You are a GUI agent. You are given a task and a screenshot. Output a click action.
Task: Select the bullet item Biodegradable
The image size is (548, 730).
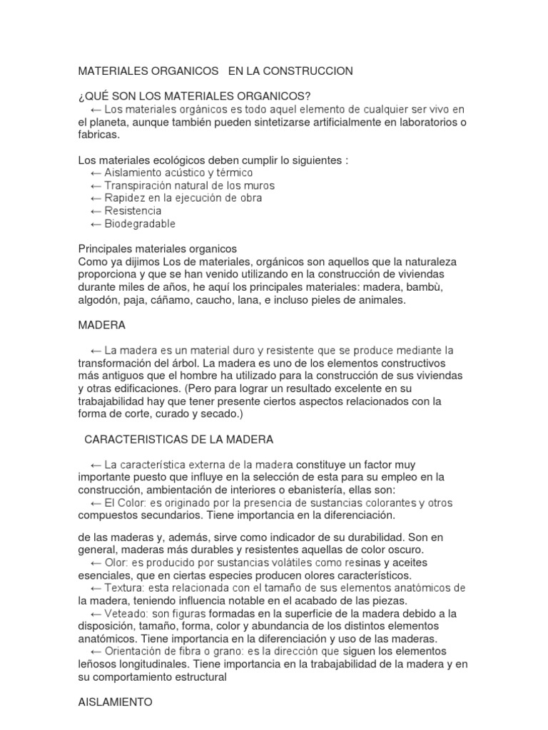[x=139, y=224]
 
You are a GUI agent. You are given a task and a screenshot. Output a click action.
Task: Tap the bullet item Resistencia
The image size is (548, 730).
[x=133, y=211]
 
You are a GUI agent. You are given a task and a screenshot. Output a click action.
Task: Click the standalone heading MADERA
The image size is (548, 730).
[x=101, y=325]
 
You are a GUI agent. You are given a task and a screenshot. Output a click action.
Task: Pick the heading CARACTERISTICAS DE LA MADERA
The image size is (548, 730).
[x=178, y=439]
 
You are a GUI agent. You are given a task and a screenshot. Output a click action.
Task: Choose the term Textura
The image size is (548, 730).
[x=124, y=588]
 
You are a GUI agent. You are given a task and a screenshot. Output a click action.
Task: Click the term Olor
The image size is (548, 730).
[x=116, y=562]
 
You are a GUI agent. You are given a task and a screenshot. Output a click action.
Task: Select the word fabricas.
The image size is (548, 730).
[x=100, y=135]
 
